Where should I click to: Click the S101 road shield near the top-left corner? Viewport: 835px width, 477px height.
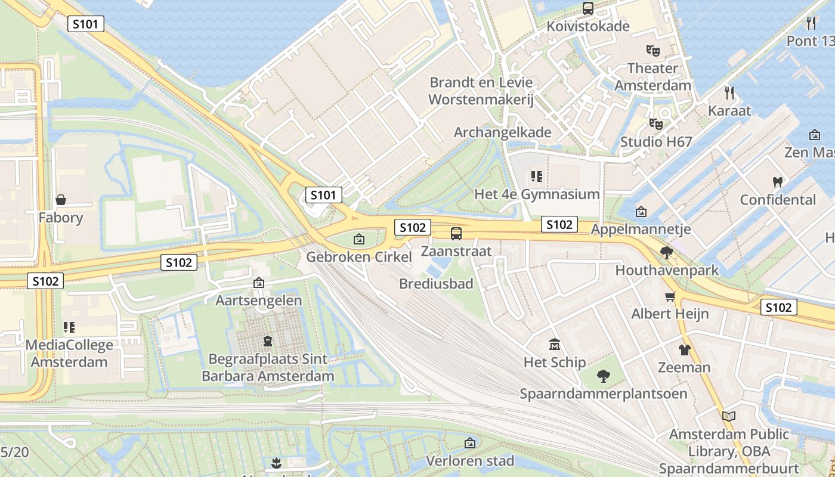(86, 24)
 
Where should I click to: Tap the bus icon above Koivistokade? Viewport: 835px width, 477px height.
(588, 8)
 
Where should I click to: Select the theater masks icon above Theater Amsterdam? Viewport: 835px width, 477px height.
(652, 51)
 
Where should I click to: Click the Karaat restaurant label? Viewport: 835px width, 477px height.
(729, 110)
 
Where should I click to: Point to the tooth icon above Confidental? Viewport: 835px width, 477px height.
(777, 182)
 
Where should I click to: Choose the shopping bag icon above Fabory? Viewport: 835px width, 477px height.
(60, 200)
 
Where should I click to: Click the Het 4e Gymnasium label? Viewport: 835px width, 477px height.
(537, 194)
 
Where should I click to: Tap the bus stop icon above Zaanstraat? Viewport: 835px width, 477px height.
(456, 233)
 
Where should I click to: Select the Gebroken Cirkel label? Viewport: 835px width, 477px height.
(359, 257)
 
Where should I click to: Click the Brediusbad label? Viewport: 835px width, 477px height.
(436, 283)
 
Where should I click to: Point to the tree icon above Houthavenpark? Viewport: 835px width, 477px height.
(667, 253)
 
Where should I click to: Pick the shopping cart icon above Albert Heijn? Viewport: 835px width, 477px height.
(670, 296)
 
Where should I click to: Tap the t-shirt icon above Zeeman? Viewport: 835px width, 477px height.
(684, 349)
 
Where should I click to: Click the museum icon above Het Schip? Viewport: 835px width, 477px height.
(555, 344)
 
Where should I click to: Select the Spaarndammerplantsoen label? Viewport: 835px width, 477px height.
(604, 394)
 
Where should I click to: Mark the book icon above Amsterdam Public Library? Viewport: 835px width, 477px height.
(728, 416)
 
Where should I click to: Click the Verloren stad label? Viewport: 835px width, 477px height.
(470, 460)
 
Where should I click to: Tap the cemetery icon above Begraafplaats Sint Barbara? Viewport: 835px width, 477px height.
(268, 342)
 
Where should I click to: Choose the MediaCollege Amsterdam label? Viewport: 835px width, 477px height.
(69, 353)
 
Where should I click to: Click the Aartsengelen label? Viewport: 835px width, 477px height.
(259, 300)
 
